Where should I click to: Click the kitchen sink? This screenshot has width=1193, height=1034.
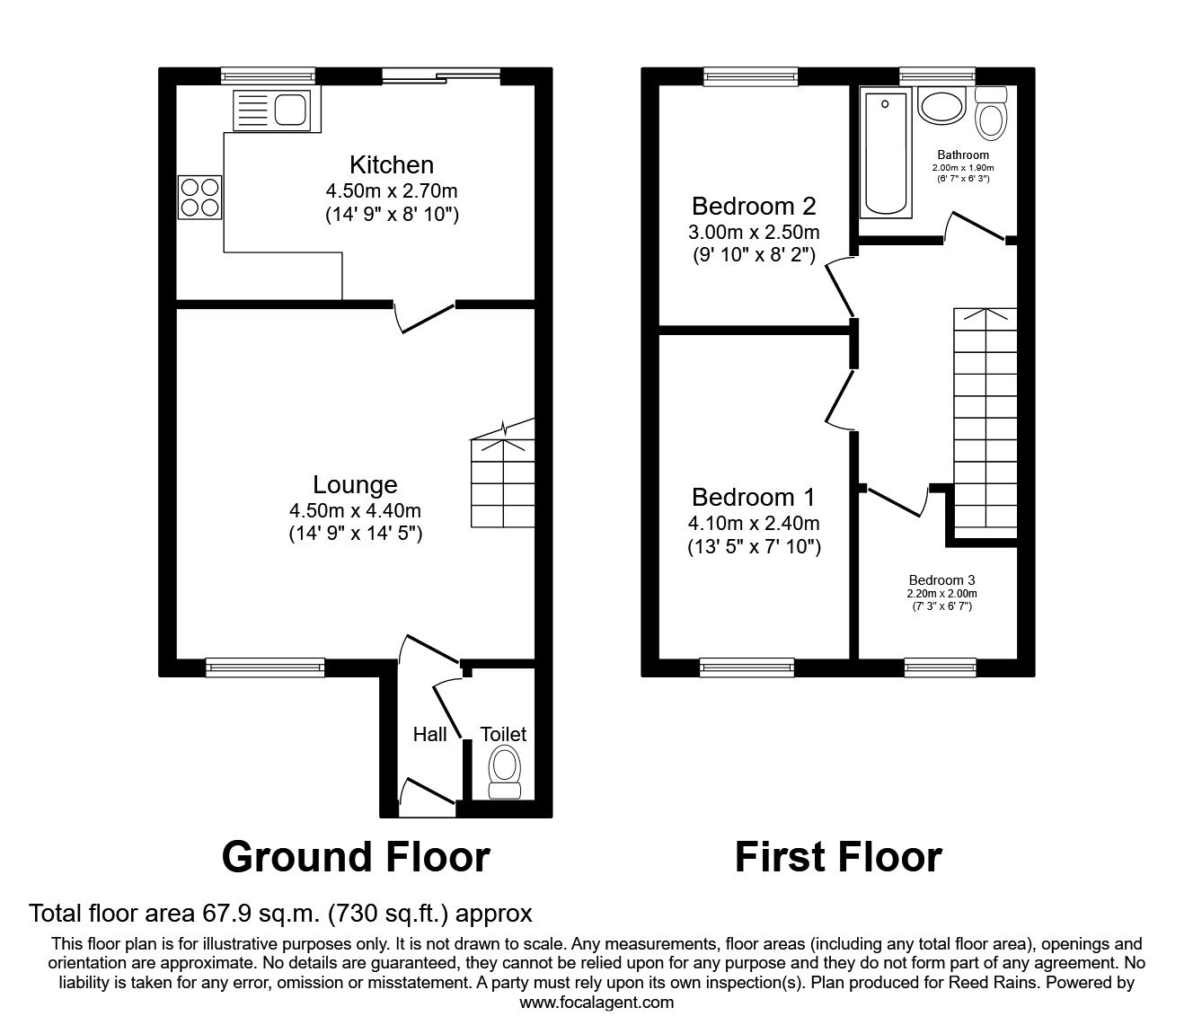point(271,110)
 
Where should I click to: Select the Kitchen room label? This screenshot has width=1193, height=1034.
point(391,165)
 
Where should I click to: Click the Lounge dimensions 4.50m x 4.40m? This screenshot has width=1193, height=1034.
point(355,510)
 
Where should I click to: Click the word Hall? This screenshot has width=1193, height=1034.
point(429,735)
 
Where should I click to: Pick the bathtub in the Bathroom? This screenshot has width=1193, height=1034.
point(886,153)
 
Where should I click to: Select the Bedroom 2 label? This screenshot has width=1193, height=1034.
point(753,207)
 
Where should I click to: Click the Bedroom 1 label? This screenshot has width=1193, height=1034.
point(753,497)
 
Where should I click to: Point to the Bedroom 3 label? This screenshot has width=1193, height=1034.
point(941,579)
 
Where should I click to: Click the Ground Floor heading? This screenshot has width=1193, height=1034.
point(355,857)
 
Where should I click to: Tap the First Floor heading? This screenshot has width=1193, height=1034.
point(837,857)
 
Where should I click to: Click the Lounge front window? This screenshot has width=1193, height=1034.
point(264,666)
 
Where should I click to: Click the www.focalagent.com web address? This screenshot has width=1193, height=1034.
point(596,1003)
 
